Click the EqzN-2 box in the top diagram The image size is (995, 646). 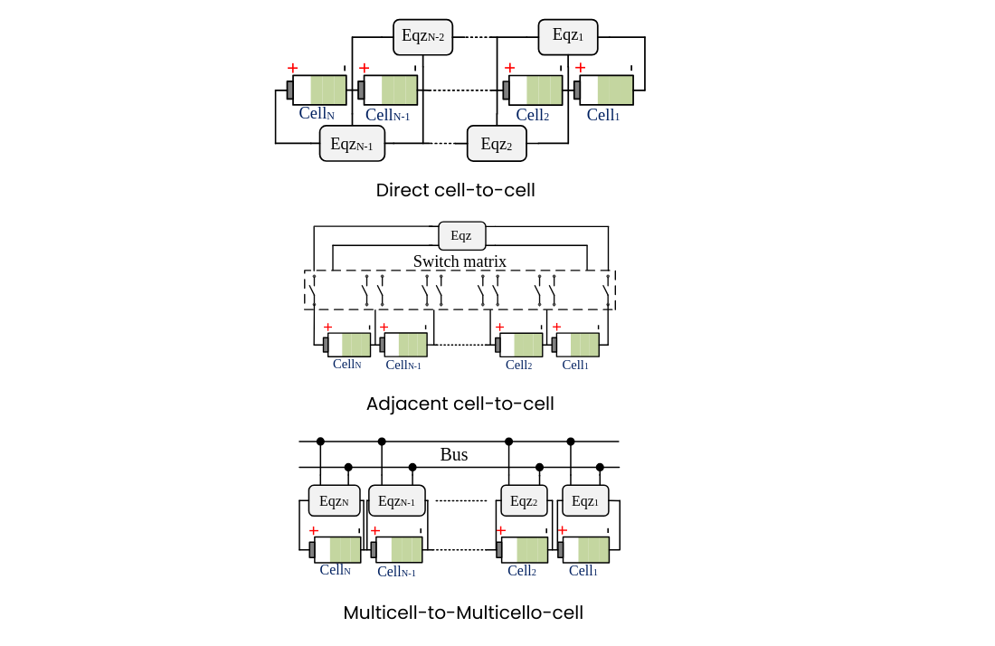pyautogui.click(x=422, y=37)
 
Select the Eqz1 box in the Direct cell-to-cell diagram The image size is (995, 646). pyautogui.click(x=568, y=37)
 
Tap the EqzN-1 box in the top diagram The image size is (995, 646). pyautogui.click(x=352, y=144)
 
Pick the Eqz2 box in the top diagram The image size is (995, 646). pyautogui.click(x=497, y=144)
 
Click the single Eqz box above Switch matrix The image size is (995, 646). pyautogui.click(x=462, y=235)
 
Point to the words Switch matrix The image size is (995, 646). pyautogui.click(x=460, y=261)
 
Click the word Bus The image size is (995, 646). pyautogui.click(x=454, y=454)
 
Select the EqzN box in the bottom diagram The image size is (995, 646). pyautogui.click(x=335, y=500)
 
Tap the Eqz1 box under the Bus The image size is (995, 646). pyautogui.click(x=585, y=500)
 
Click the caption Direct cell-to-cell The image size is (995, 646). pyautogui.click(x=456, y=190)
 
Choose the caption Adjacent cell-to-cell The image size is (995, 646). pyautogui.click(x=460, y=404)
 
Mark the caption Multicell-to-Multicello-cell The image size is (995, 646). pyautogui.click(x=463, y=613)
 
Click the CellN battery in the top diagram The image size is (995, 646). pyautogui.click(x=317, y=90)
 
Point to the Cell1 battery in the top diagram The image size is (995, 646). pyautogui.click(x=603, y=90)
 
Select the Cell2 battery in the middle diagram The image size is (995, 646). pyautogui.click(x=519, y=345)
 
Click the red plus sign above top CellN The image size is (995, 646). pyautogui.click(x=292, y=68)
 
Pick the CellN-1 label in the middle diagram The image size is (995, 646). pyautogui.click(x=403, y=365)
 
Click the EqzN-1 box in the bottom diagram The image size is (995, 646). pyautogui.click(x=396, y=500)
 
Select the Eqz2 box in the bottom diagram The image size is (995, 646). pyautogui.click(x=524, y=500)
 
